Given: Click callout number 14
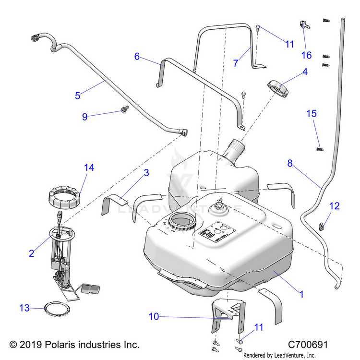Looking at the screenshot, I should pyautogui.click(x=89, y=168).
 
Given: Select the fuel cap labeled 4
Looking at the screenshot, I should pyautogui.click(x=278, y=88).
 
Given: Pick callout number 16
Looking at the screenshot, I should pyautogui.click(x=306, y=55).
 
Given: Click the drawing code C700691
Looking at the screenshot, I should pyautogui.click(x=308, y=345).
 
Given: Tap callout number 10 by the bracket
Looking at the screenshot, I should pyautogui.click(x=154, y=317).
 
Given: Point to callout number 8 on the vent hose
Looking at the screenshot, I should pyautogui.click(x=290, y=163).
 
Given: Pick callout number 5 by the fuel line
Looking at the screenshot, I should pyautogui.click(x=77, y=95).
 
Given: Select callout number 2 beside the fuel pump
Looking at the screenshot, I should pyautogui.click(x=32, y=253).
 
